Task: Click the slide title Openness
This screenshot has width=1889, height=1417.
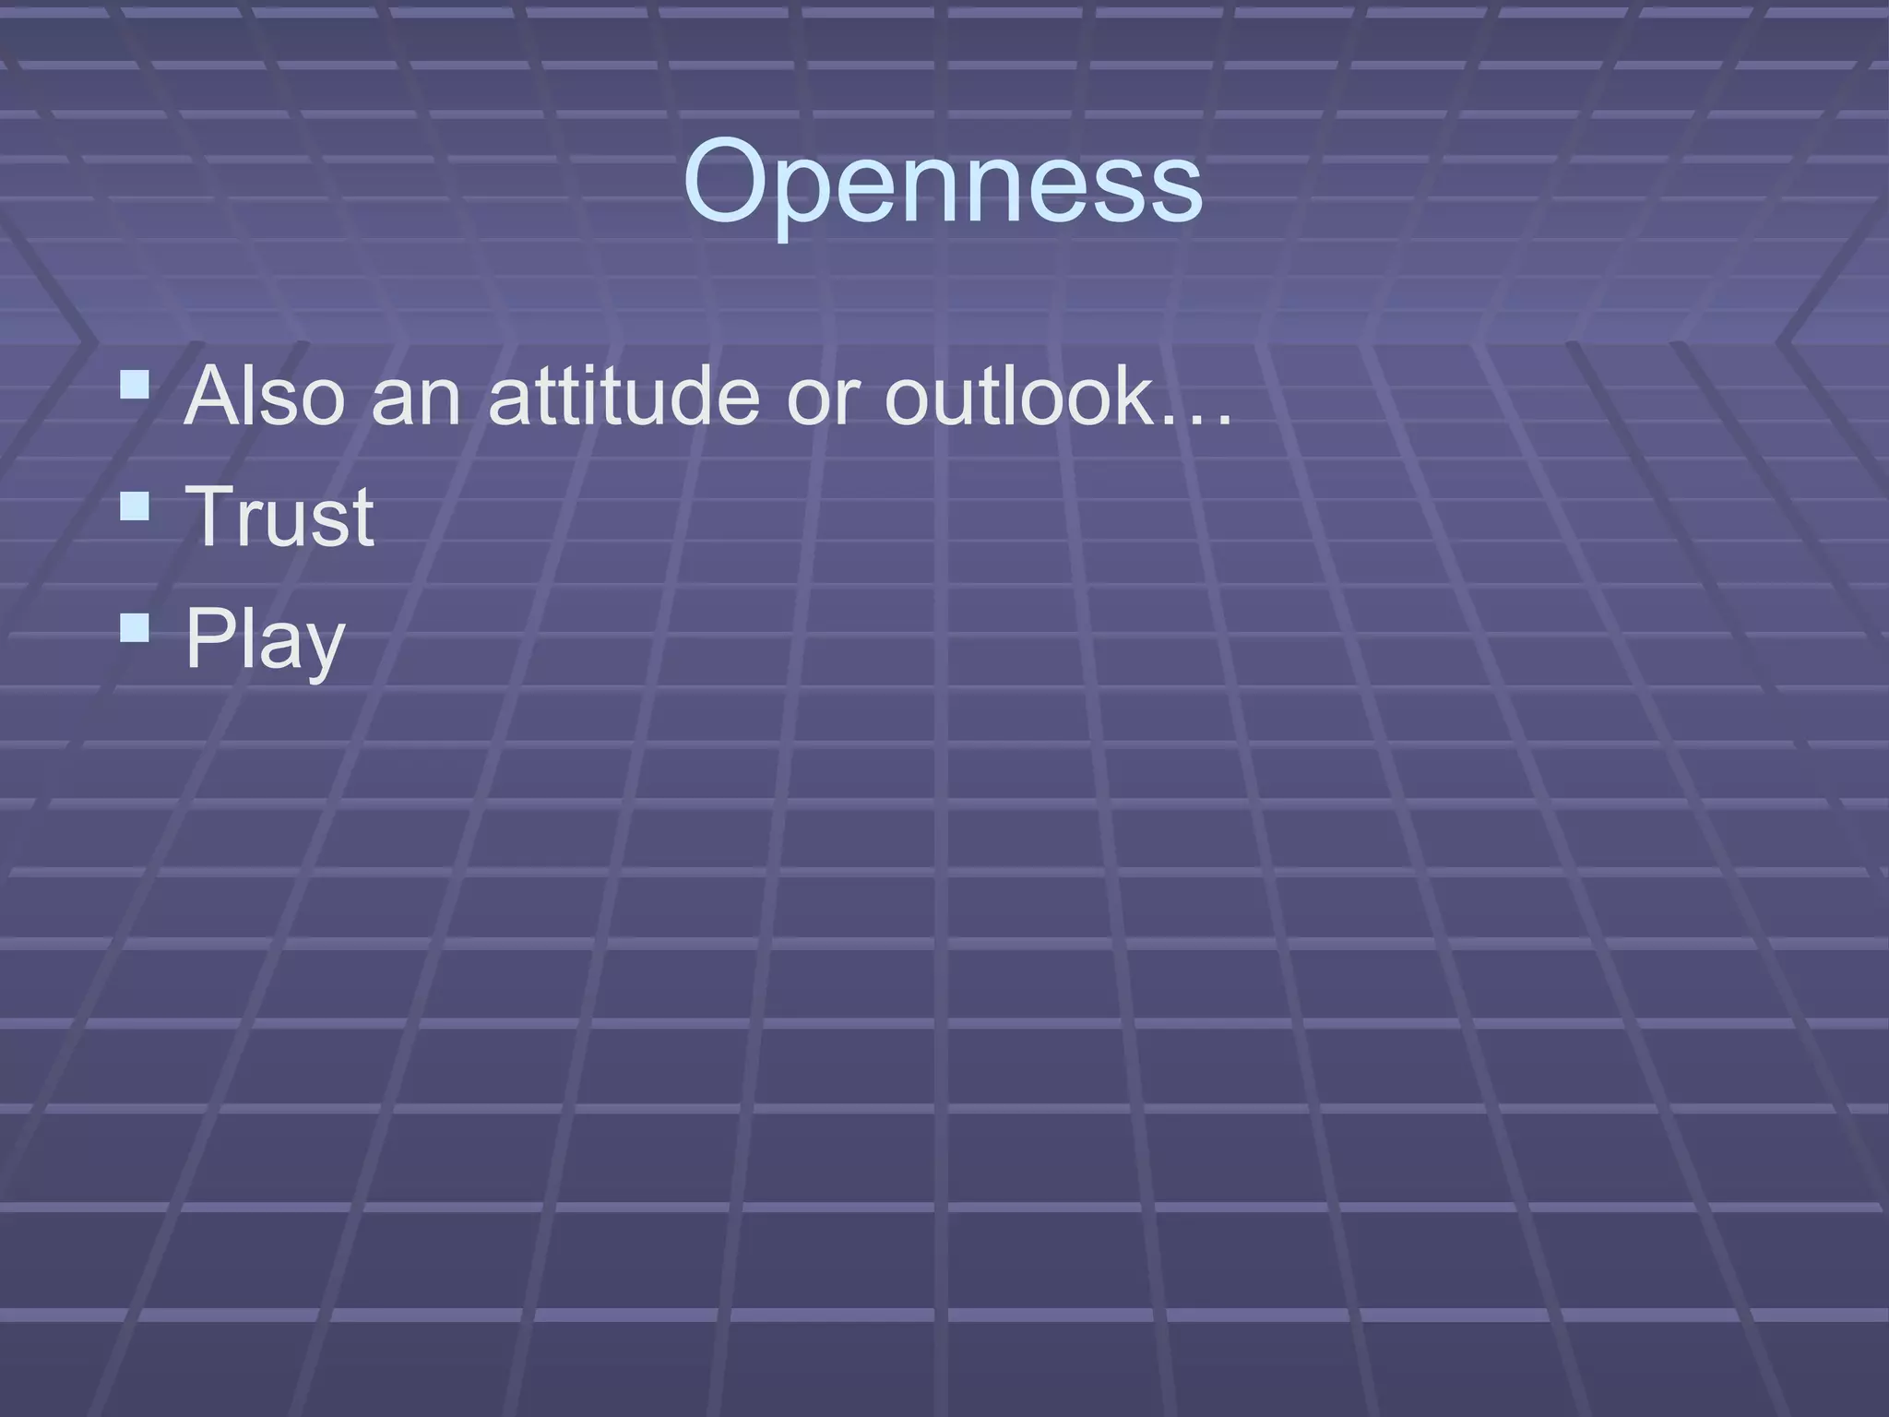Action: [943, 182]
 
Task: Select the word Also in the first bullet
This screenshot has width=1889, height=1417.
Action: [265, 396]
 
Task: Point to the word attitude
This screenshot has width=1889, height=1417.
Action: [624, 396]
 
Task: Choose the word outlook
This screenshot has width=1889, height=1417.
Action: [1019, 396]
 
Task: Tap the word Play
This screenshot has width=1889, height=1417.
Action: [265, 639]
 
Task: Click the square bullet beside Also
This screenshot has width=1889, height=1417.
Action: [135, 384]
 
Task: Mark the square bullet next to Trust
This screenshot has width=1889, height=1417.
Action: [135, 506]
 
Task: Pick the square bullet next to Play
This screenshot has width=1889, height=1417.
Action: [135, 627]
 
